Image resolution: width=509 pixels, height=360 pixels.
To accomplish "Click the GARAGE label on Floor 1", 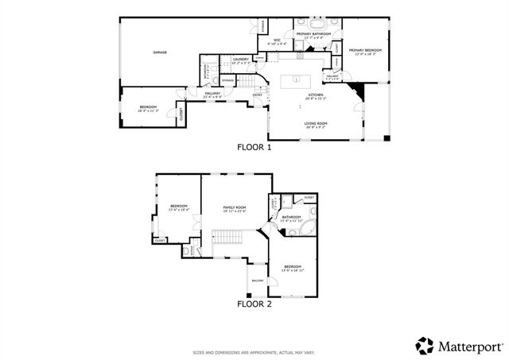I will (160, 52).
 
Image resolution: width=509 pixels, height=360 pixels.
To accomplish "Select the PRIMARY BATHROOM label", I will (313, 35).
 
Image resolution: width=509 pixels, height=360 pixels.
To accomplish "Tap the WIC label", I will (278, 41).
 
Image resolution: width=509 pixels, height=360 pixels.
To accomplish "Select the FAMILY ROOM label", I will (234, 208).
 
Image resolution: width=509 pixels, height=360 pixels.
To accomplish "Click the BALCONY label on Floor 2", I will (258, 281).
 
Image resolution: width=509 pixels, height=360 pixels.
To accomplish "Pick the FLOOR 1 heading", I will (254, 147).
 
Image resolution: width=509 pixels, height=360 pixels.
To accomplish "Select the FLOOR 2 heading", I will (254, 304).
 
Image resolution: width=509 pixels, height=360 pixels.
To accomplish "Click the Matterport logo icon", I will (425, 346).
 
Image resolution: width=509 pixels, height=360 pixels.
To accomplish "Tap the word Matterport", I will (469, 346).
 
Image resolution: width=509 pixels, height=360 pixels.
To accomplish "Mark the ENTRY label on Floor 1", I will (257, 95).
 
